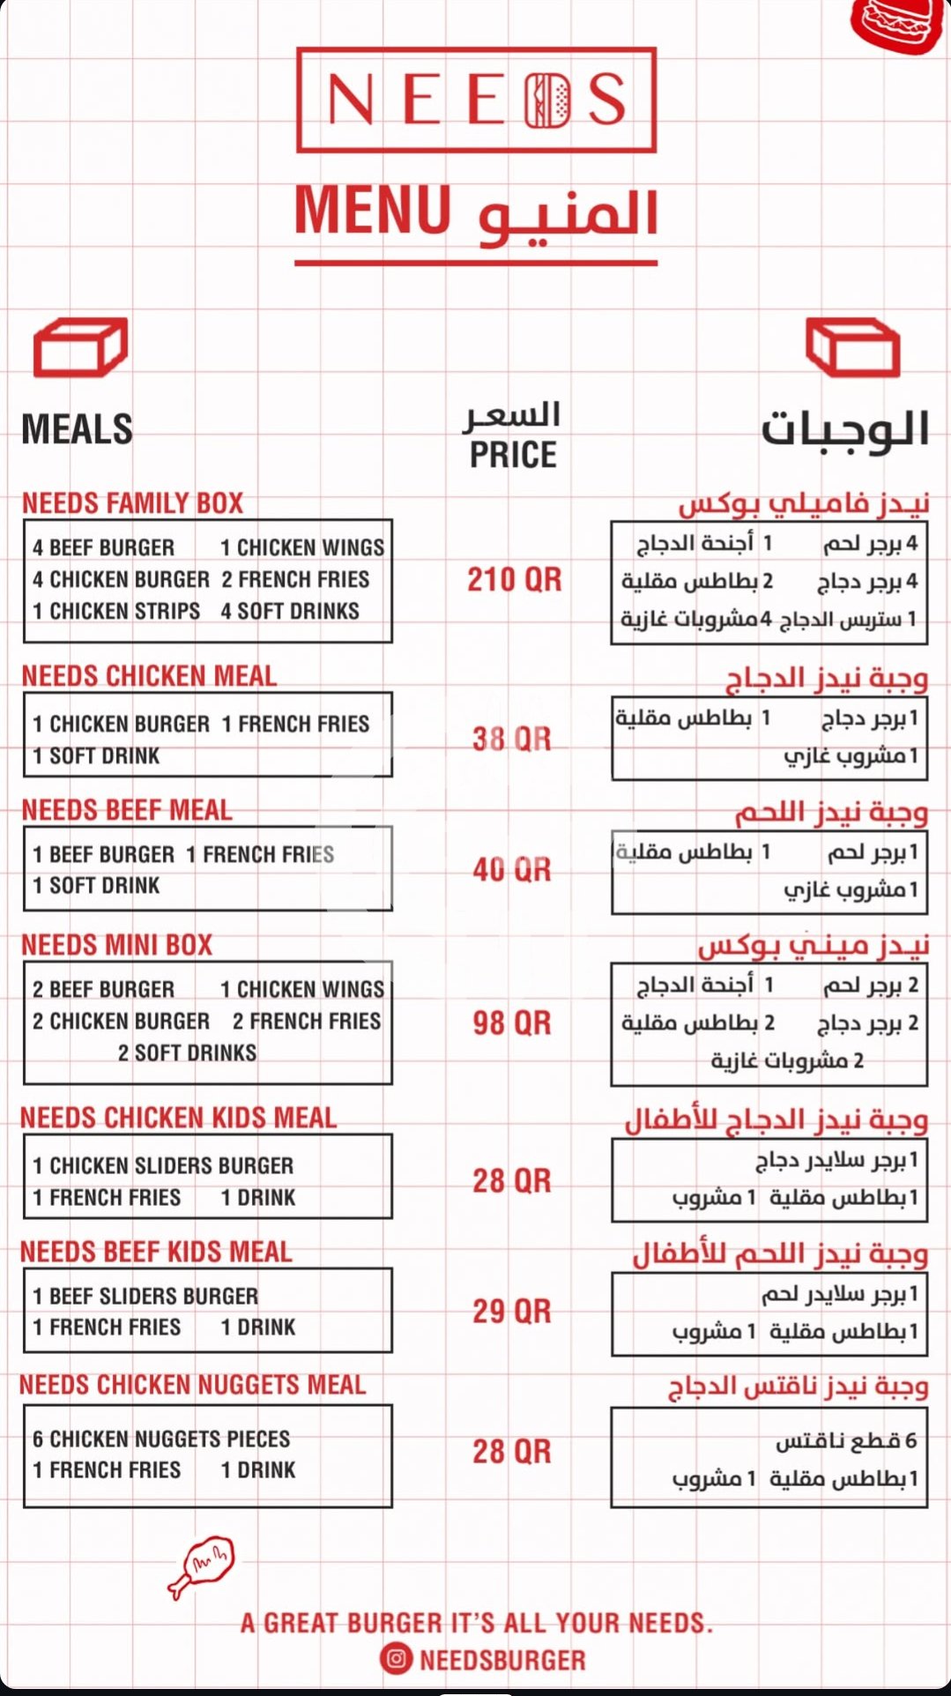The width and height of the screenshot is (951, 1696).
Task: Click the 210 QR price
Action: (x=514, y=580)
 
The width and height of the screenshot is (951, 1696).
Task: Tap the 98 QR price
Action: (x=512, y=1023)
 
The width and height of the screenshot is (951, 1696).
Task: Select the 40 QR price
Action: (x=512, y=870)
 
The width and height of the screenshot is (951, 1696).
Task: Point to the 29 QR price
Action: (x=512, y=1312)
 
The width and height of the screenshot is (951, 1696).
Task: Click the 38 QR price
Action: (x=512, y=739)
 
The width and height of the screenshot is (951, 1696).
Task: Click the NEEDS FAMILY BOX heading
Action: (x=132, y=503)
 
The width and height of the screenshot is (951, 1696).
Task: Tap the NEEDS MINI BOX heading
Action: (x=117, y=945)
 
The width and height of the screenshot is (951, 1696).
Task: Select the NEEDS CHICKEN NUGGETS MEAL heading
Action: (x=192, y=1385)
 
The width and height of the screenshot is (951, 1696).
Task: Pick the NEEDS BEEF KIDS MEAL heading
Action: (x=156, y=1252)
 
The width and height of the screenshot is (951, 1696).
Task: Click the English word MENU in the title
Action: (x=373, y=211)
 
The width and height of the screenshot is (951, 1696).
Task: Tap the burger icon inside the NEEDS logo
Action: (x=548, y=100)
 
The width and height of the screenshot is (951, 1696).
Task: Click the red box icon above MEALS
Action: (x=80, y=347)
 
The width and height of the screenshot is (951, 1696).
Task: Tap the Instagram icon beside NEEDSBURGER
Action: (x=397, y=1660)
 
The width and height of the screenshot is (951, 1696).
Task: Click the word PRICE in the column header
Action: (x=513, y=455)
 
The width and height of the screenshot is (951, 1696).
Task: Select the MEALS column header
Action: (x=78, y=429)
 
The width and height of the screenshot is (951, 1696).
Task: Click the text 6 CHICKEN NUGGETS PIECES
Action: (x=161, y=1439)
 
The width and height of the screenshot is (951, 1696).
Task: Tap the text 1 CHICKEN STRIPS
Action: (x=116, y=611)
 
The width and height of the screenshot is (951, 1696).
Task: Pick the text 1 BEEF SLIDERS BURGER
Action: (x=145, y=1296)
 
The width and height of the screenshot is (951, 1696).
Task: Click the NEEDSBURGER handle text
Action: (x=502, y=1661)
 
